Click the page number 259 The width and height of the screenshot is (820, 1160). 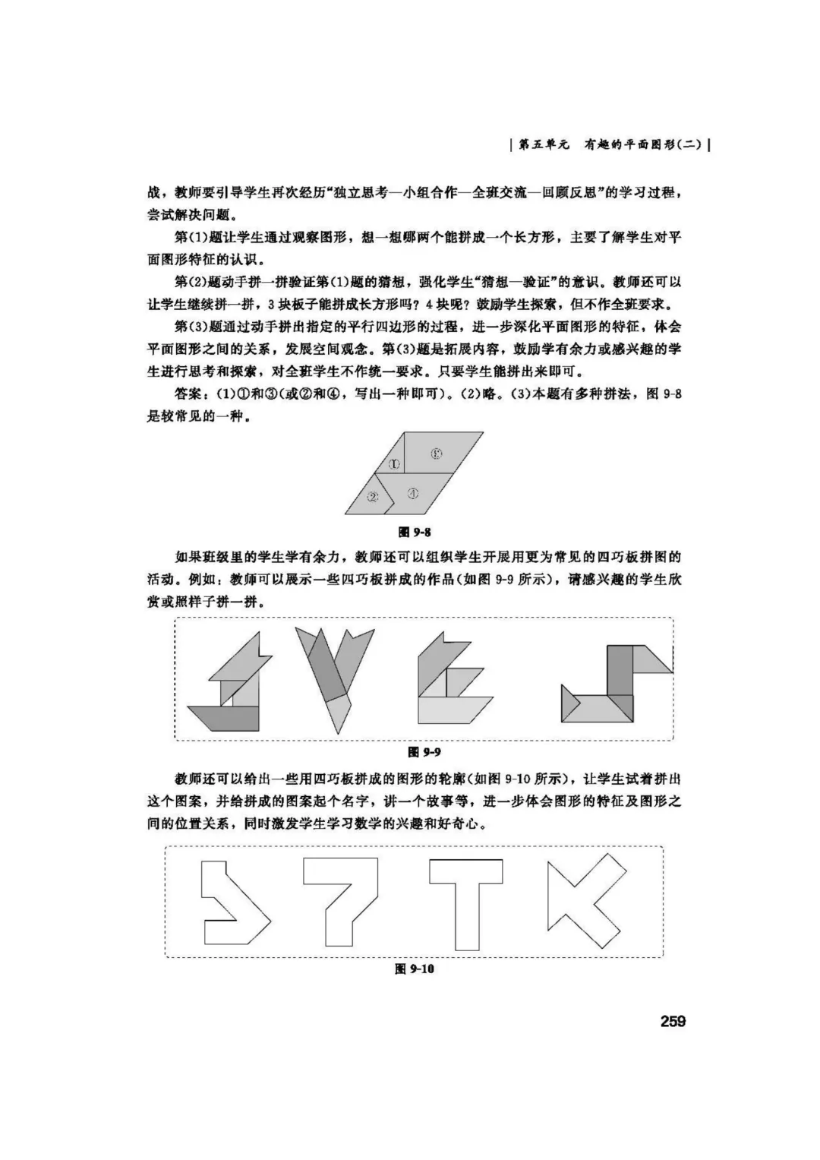pyautogui.click(x=672, y=1021)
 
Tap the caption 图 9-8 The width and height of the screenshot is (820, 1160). pyautogui.click(x=415, y=532)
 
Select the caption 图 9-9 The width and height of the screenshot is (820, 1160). pyautogui.click(x=424, y=751)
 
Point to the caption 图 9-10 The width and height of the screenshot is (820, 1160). pyautogui.click(x=415, y=969)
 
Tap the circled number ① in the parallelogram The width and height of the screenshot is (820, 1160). pyautogui.click(x=394, y=464)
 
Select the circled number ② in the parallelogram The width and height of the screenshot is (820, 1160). pyautogui.click(x=373, y=497)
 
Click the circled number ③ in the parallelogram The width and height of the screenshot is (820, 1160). pyautogui.click(x=437, y=454)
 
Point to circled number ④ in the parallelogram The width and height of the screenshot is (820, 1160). pyautogui.click(x=412, y=492)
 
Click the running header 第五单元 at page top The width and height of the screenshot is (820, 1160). pyautogui.click(x=544, y=144)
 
